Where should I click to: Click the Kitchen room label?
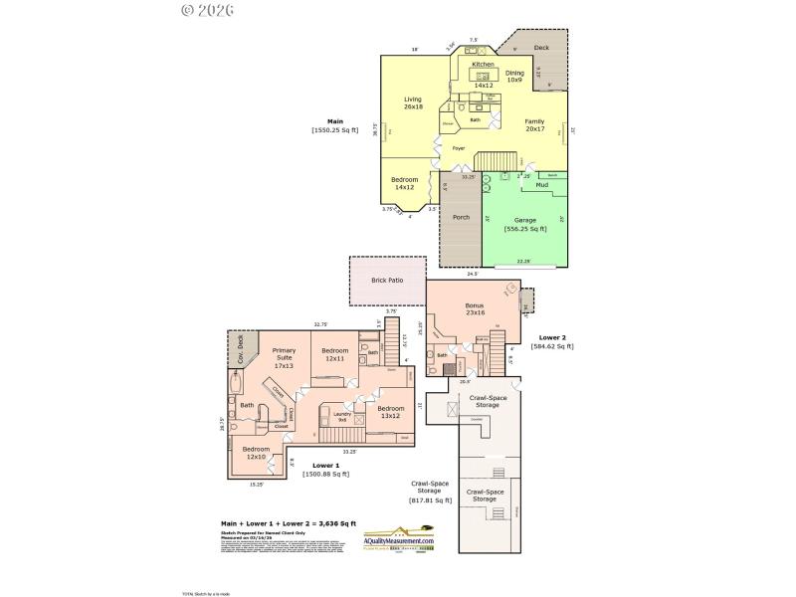click(x=483, y=65)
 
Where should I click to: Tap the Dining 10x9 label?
click(x=514, y=76)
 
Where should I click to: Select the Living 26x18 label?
click(x=413, y=102)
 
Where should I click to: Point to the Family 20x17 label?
click(x=534, y=124)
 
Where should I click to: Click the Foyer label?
click(x=459, y=148)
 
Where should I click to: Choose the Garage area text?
click(x=524, y=224)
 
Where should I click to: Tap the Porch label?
click(x=461, y=217)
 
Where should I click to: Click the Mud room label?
click(x=542, y=185)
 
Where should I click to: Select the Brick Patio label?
click(x=386, y=282)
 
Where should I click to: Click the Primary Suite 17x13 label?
click(x=284, y=358)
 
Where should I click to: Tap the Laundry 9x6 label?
click(x=342, y=417)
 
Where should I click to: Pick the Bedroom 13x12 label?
click(x=391, y=412)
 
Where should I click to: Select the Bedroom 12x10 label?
click(x=256, y=453)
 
